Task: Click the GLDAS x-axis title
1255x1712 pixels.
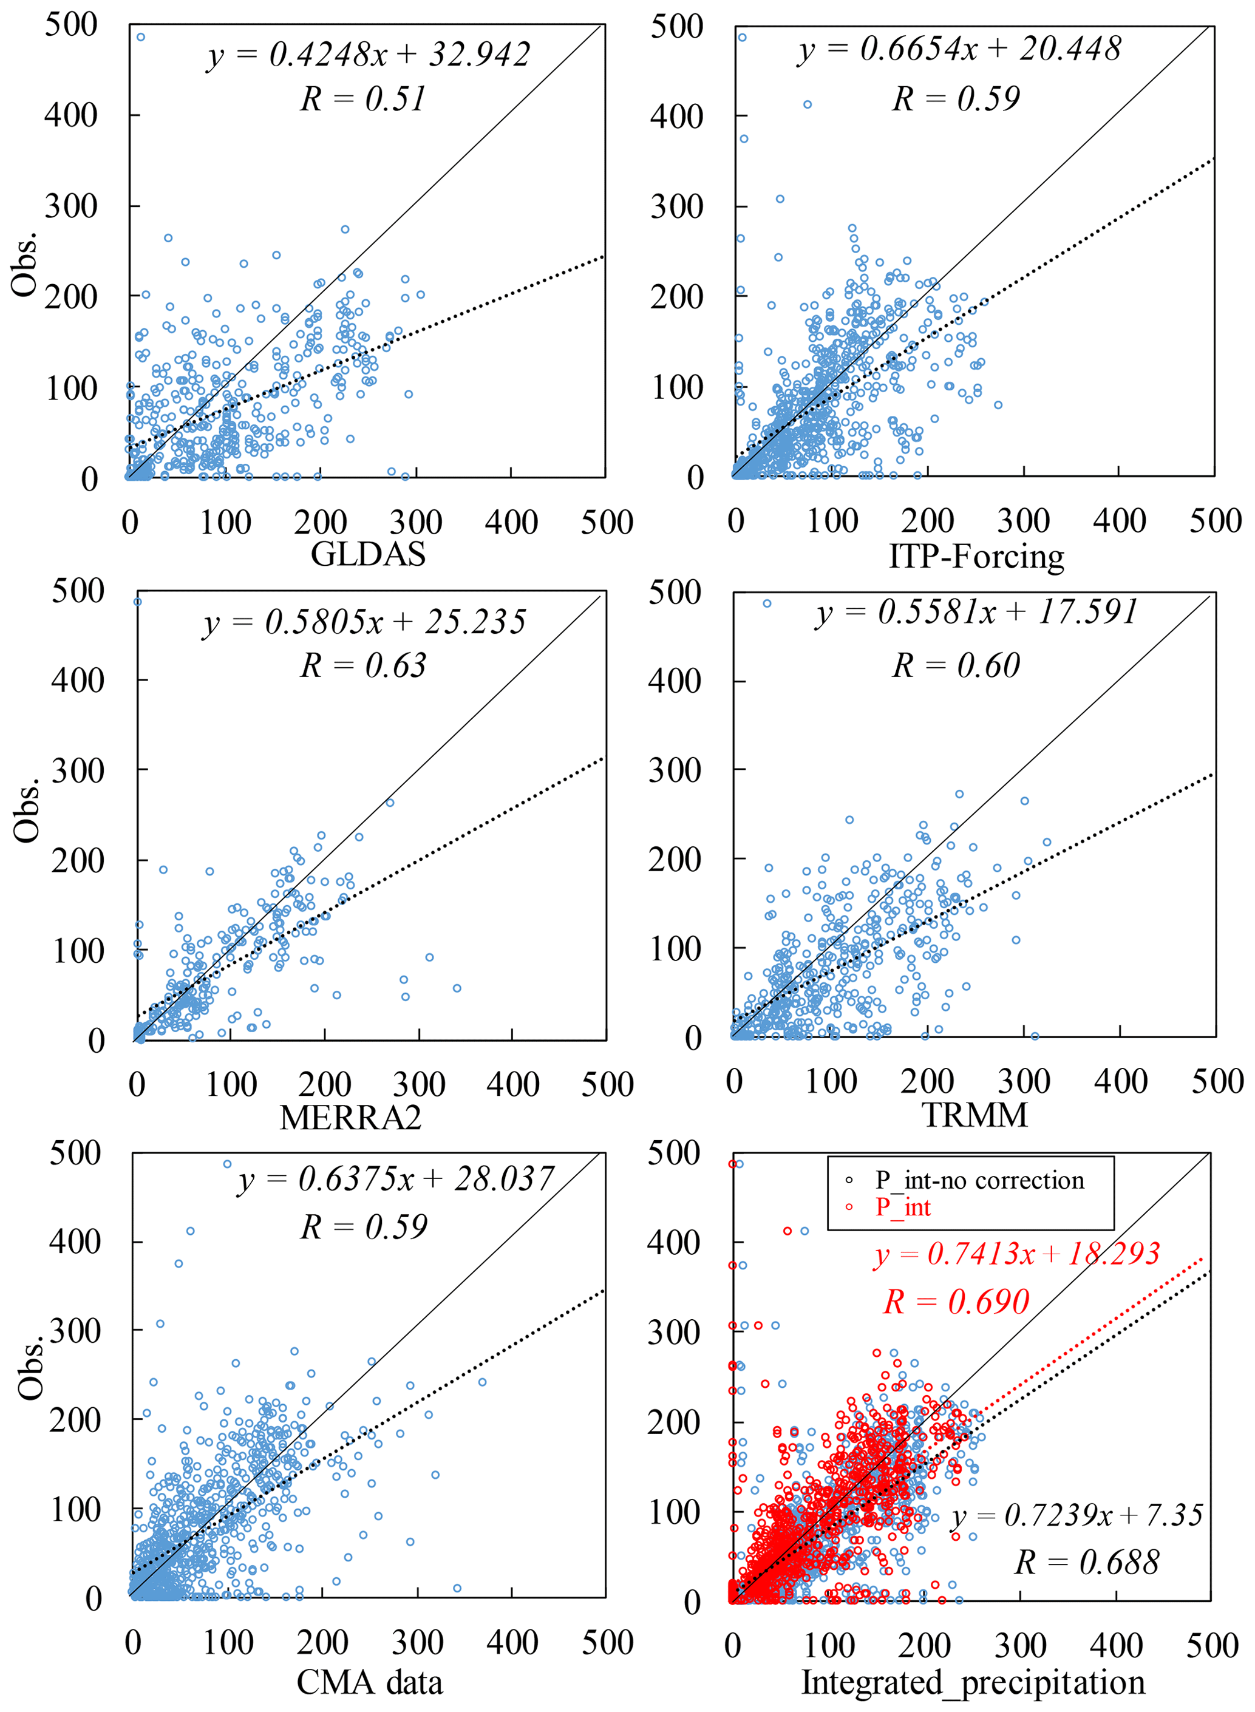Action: coord(368,554)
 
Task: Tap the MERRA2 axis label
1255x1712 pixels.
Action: coord(350,1117)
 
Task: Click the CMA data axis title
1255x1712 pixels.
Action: coord(369,1681)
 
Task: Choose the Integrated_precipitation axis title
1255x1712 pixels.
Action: coord(973,1681)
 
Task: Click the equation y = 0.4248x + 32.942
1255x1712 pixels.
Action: coord(369,55)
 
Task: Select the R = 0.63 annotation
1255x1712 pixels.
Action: coord(363,665)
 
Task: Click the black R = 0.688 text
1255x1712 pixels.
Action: coord(1086,1563)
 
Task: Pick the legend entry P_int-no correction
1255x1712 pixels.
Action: coord(979,1180)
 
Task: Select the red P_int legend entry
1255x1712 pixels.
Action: coord(902,1207)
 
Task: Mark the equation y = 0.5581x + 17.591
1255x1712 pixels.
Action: coord(976,612)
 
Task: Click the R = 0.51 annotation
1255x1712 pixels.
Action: coord(363,99)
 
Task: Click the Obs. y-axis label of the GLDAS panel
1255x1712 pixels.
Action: coord(25,263)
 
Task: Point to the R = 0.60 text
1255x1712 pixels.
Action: coord(956,665)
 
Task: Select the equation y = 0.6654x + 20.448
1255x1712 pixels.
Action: coord(959,49)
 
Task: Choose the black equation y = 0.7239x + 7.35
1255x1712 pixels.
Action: coord(1076,1515)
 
